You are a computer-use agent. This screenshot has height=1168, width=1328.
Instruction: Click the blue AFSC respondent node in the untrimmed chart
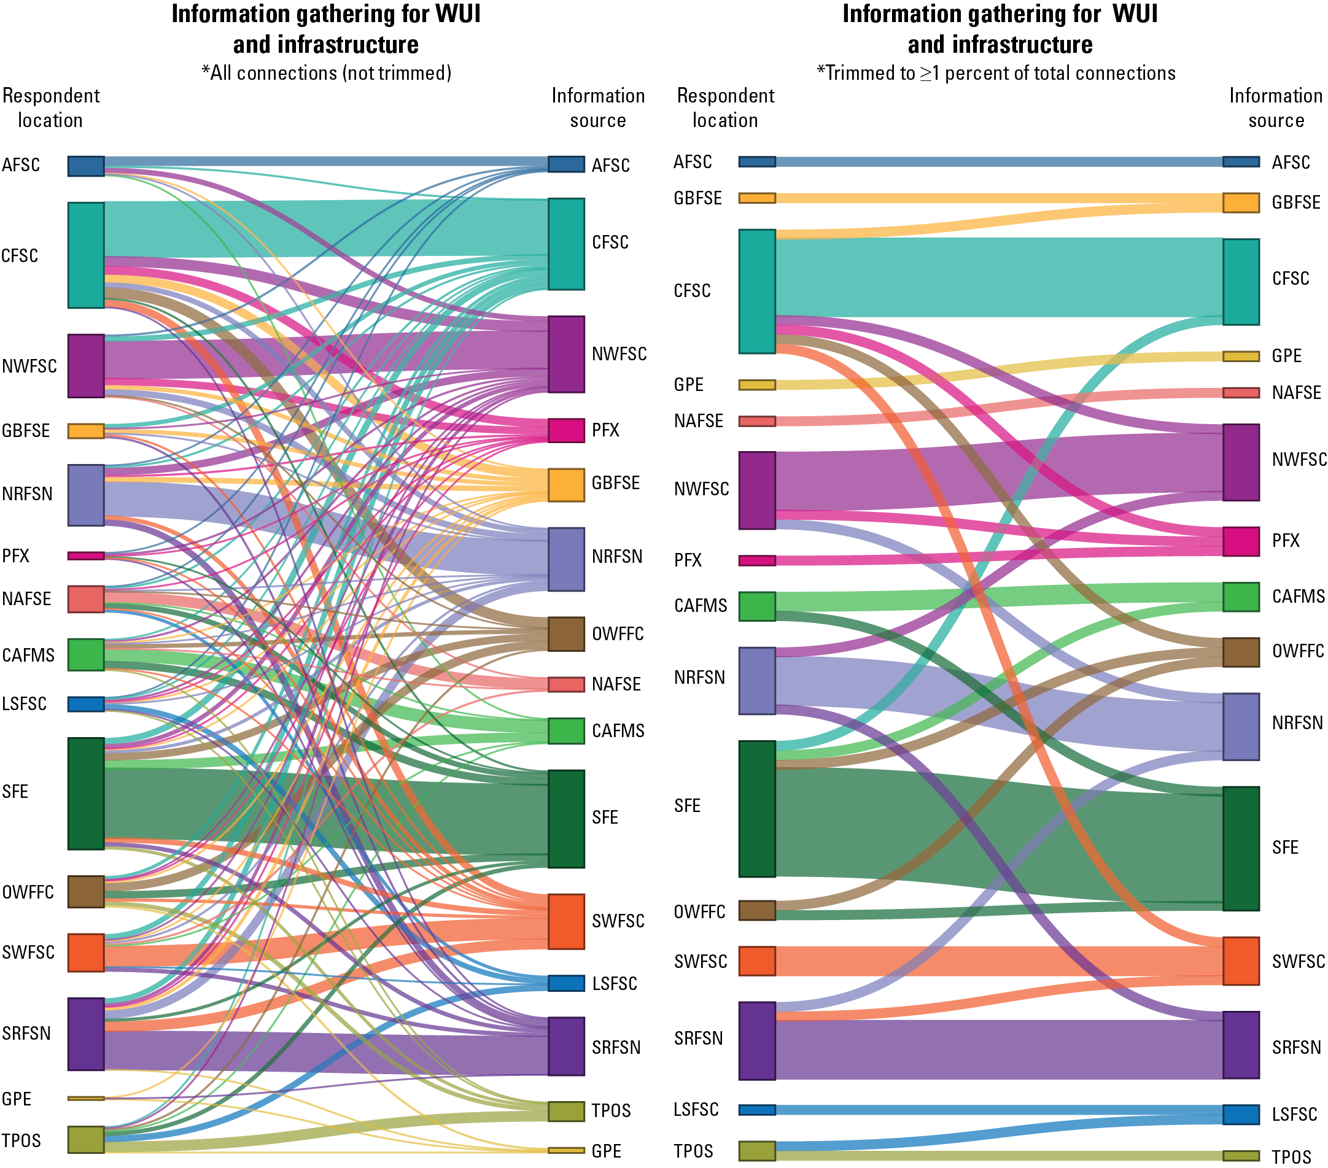pos(86,166)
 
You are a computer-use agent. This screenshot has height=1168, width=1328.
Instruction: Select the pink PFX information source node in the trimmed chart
pos(1241,542)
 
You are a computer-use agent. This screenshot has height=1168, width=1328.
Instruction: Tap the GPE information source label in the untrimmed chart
pos(606,1151)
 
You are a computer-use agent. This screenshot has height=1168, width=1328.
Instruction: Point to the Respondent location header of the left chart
pos(51,108)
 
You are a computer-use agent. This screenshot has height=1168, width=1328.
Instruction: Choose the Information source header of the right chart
pos(1275,108)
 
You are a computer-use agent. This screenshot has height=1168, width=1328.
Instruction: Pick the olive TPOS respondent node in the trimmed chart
pos(757,1150)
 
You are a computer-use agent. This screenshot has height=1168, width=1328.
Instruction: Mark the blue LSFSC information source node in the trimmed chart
pos(1241,1114)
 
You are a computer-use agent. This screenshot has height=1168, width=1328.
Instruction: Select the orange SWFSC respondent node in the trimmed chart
pos(757,961)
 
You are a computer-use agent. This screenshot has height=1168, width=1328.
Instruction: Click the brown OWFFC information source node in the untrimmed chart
pos(566,633)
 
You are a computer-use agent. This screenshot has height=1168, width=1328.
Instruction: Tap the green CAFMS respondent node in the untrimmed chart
pos(86,654)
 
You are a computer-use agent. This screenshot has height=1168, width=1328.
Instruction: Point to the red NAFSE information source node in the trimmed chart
pos(1241,392)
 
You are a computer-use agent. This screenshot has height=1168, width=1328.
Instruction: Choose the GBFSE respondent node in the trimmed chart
pos(757,198)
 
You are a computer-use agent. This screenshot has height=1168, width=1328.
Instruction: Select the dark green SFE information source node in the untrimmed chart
pos(566,819)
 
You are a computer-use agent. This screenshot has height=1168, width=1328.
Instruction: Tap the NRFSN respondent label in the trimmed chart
pos(699,678)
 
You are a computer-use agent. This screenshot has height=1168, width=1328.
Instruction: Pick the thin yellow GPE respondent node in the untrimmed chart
pos(86,1098)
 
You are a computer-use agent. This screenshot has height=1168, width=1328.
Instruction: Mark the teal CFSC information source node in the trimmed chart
pos(1241,281)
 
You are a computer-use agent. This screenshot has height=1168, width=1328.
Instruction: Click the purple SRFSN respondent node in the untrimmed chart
pos(86,1034)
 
